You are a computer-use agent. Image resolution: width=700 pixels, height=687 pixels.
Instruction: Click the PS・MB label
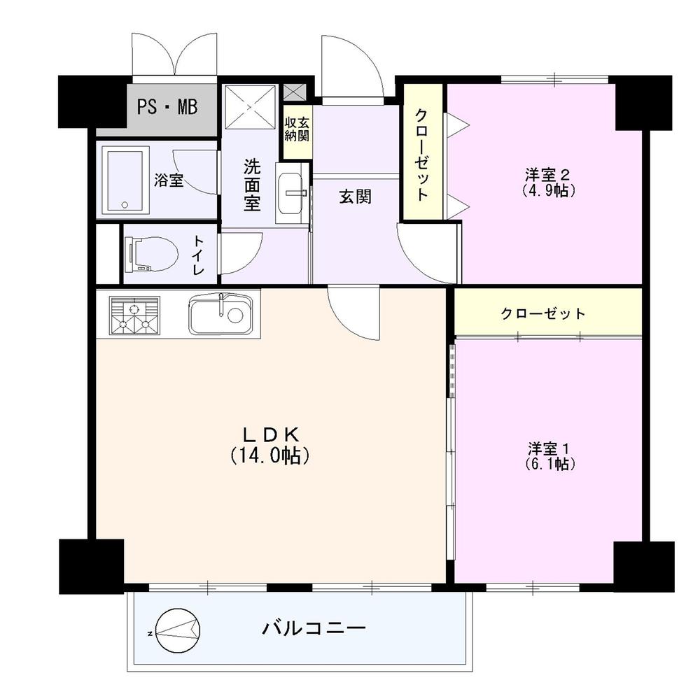pyautogui.click(x=167, y=107)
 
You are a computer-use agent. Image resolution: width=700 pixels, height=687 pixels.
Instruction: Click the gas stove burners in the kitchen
pyautogui.click(x=134, y=313)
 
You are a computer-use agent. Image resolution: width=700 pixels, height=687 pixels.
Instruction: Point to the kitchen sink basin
pyautogui.click(x=220, y=313)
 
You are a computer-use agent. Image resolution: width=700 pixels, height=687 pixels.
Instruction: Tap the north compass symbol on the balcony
pyautogui.click(x=178, y=631)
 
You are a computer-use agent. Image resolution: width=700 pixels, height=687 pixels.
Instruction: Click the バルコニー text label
pyautogui.click(x=314, y=628)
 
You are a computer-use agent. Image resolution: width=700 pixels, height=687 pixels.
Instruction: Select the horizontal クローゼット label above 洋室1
pyautogui.click(x=542, y=313)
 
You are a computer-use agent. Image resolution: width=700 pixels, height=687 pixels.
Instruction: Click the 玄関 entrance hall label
pyautogui.click(x=355, y=197)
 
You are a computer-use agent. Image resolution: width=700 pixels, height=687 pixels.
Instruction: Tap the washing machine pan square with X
pyautogui.click(x=251, y=107)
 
